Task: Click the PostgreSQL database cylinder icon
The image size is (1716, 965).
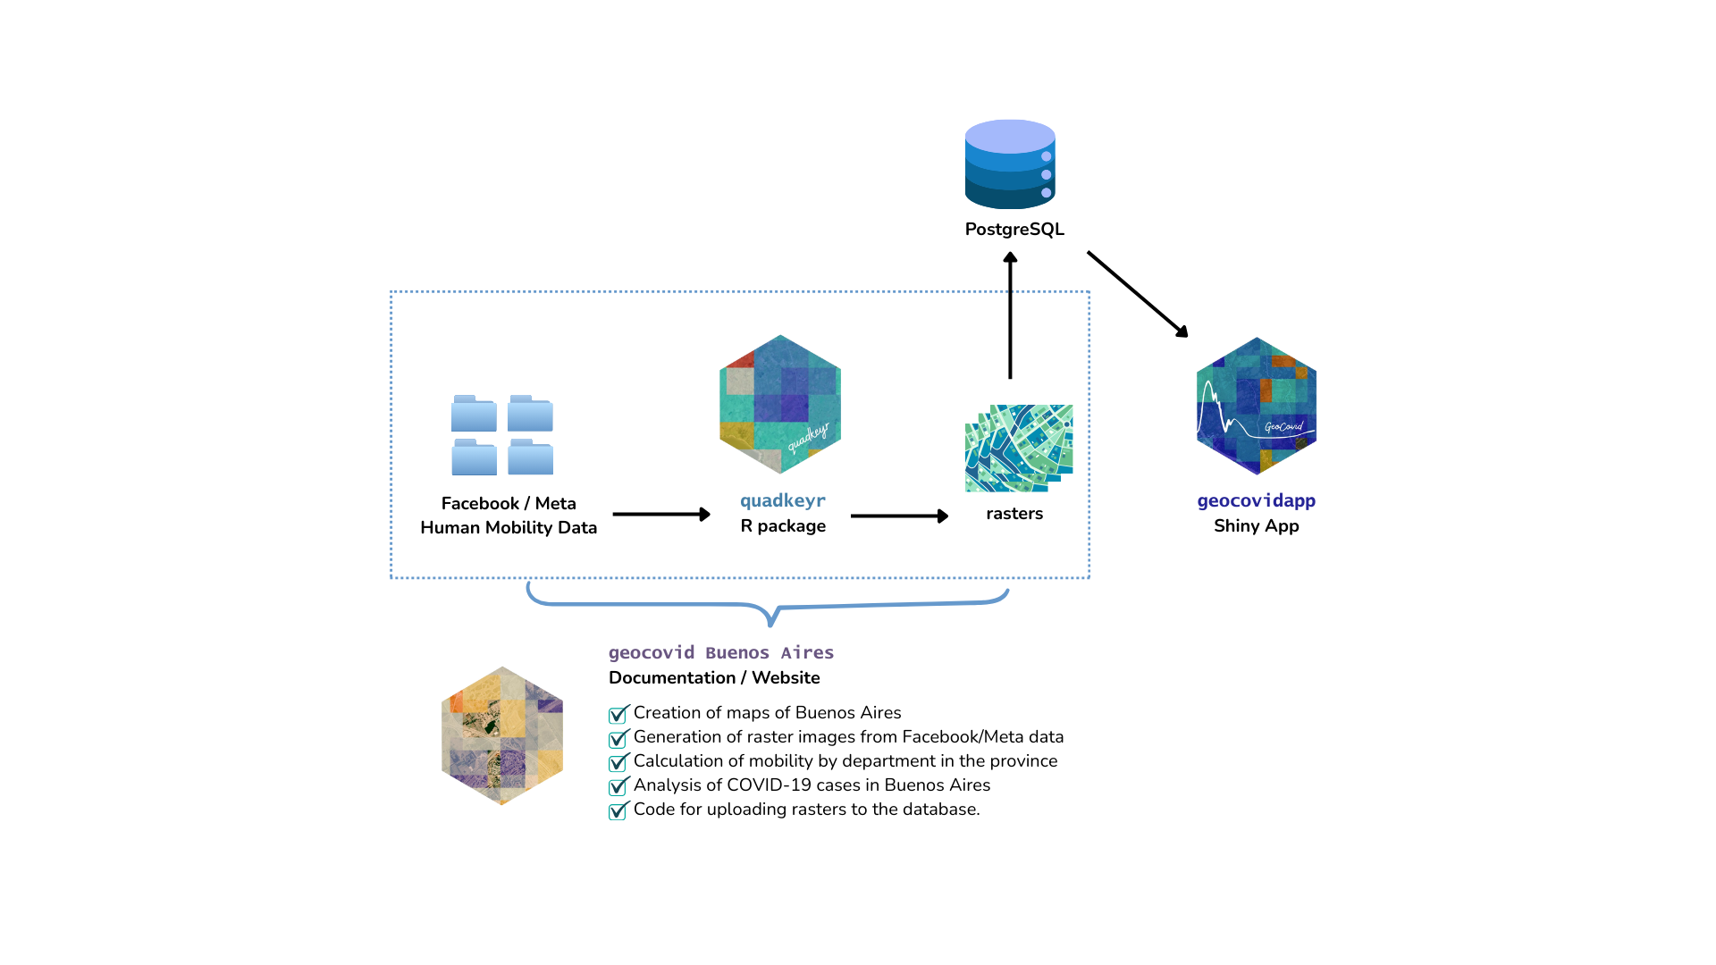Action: (1010, 164)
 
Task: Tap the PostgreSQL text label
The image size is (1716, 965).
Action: (1014, 230)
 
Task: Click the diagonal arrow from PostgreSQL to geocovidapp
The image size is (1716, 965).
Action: (1137, 294)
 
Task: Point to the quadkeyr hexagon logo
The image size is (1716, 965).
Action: (780, 405)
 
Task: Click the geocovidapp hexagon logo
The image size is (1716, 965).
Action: (1256, 406)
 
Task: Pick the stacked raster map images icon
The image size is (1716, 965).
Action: (1019, 448)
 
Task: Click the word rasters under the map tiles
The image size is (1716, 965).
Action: (1014, 514)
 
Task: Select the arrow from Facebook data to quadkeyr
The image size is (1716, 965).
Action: (661, 515)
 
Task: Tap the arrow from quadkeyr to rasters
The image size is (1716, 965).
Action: (899, 516)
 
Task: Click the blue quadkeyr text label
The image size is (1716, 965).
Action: (783, 501)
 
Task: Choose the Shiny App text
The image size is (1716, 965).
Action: (1256, 526)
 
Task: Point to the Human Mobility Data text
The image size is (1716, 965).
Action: (509, 528)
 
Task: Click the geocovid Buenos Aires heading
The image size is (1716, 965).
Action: (721, 653)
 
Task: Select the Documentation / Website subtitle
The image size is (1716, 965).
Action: (714, 678)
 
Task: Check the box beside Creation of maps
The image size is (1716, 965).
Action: (618, 715)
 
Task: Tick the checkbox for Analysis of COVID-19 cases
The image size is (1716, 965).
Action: (618, 787)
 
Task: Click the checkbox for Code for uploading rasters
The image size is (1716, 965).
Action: (618, 811)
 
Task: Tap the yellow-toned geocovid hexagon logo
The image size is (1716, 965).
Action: (502, 735)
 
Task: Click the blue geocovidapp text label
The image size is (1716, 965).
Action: (1256, 501)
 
